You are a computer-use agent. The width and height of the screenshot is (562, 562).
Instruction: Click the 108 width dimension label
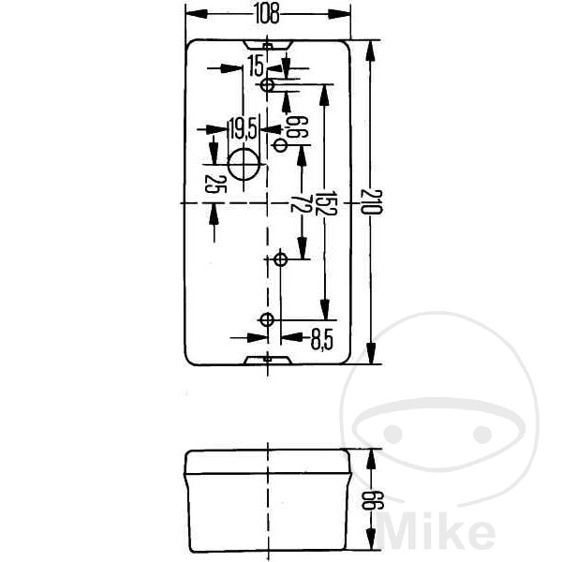coord(267,14)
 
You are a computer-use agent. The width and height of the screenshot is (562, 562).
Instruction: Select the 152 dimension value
coord(327,203)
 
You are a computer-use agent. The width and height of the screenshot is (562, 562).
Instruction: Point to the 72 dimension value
coord(301,203)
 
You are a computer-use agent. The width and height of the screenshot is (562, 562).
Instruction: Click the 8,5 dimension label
coord(322,340)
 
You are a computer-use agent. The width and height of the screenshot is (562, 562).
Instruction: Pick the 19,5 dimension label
coord(243,129)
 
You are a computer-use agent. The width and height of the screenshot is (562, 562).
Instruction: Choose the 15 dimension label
coord(256,67)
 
